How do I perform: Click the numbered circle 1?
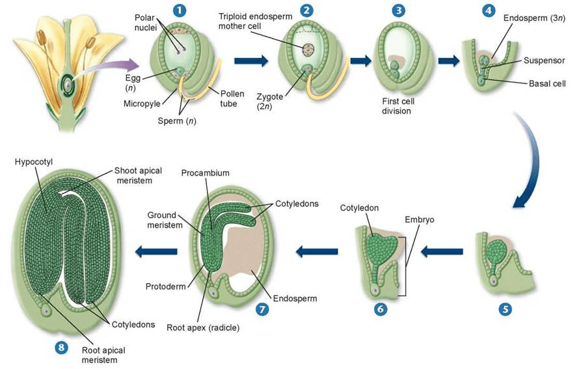coord(177,10)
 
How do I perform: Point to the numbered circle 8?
coord(61,348)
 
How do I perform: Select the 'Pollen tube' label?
coord(232,98)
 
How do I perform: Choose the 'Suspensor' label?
coord(544,61)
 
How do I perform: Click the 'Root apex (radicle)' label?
coord(203,327)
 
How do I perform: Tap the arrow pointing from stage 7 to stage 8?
coord(155,251)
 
